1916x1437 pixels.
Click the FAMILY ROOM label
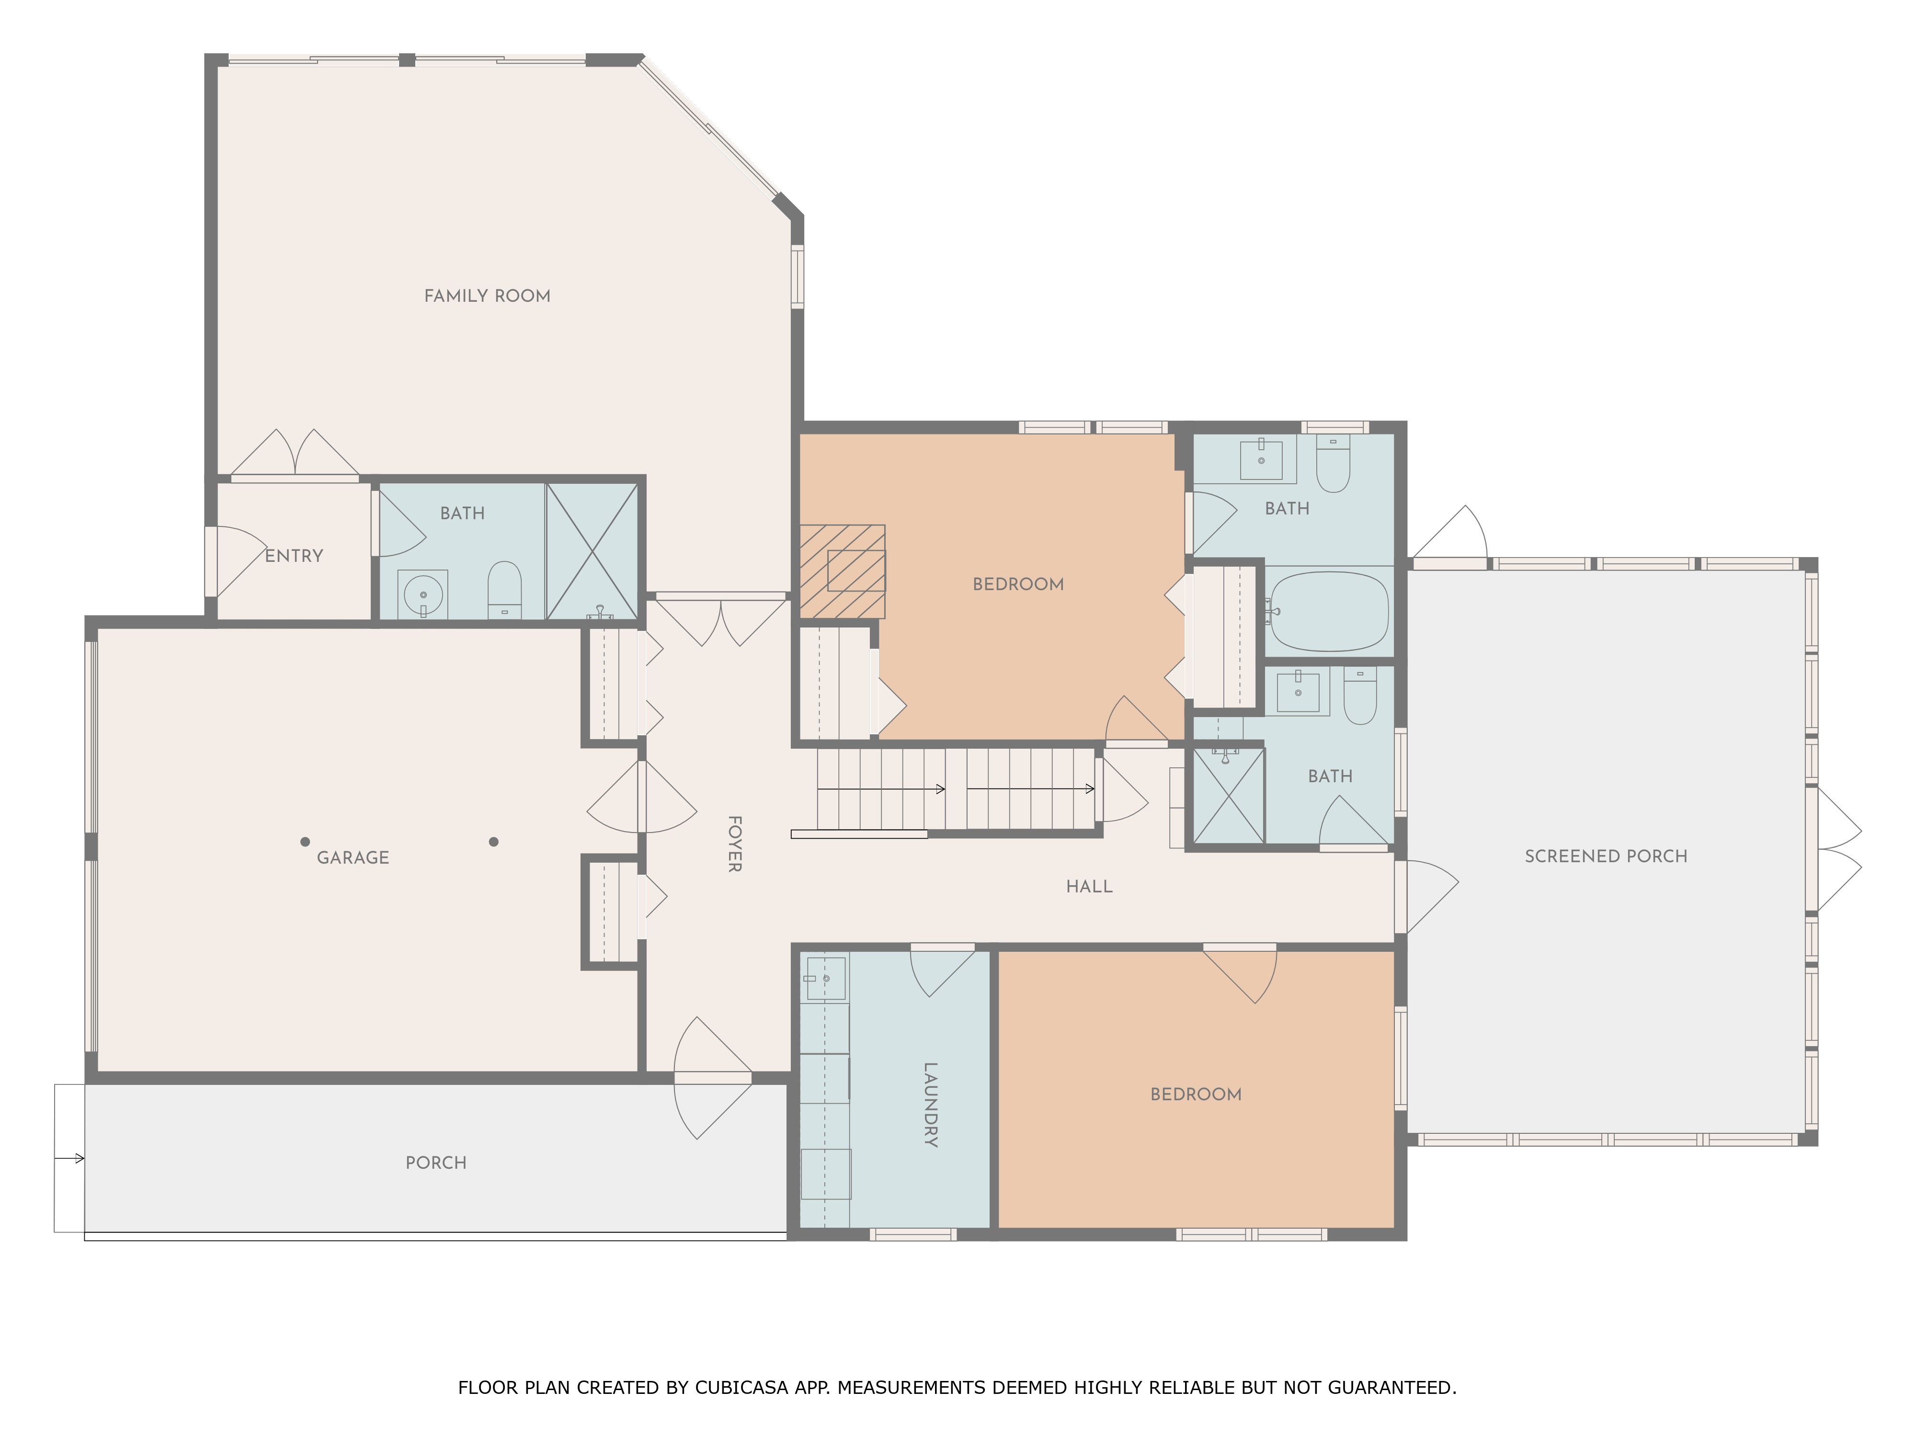(x=487, y=296)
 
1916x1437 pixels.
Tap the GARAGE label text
(x=353, y=857)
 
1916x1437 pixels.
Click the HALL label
(x=1089, y=886)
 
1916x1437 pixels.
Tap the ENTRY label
(x=294, y=556)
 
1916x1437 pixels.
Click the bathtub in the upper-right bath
(x=1328, y=612)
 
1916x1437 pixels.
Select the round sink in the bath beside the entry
(x=422, y=595)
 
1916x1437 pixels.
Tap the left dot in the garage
(x=305, y=841)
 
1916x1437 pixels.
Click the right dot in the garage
(x=494, y=841)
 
